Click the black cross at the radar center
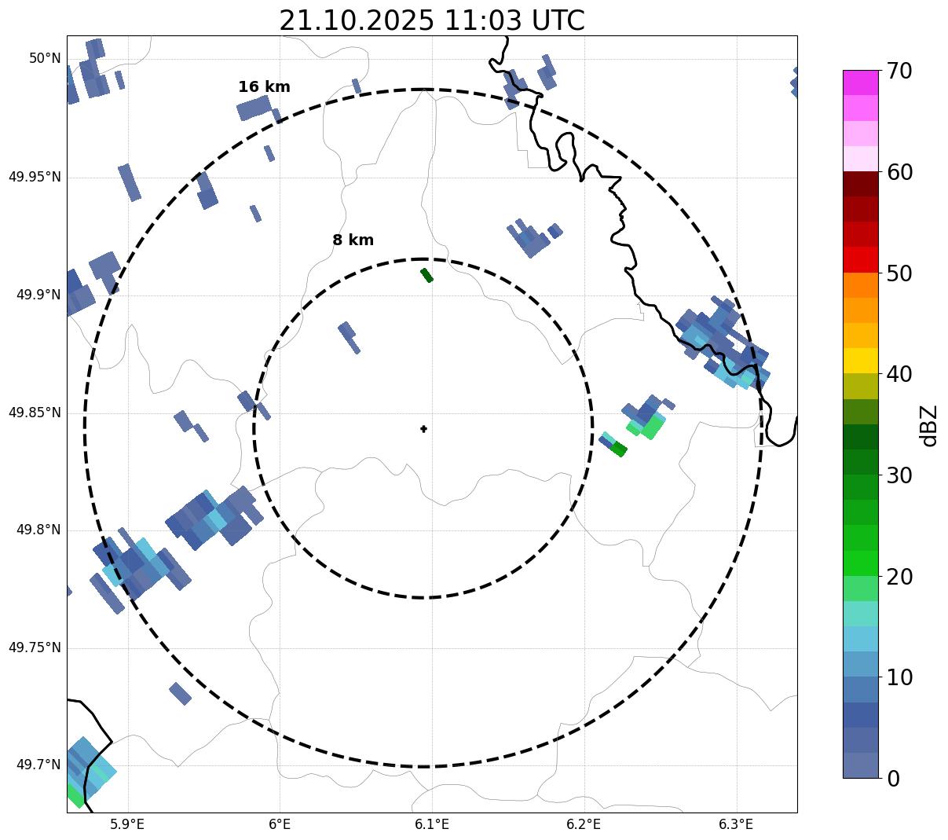pos(423,429)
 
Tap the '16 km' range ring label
pos(264,87)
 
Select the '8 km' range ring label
pos(353,240)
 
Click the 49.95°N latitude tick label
pos(35,177)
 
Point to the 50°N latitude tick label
pos(45,58)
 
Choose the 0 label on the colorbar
pos(894,779)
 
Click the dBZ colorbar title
pos(930,425)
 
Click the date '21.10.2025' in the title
pos(356,20)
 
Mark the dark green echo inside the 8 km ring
pos(426,275)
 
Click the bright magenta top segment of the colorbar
pos(860,83)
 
